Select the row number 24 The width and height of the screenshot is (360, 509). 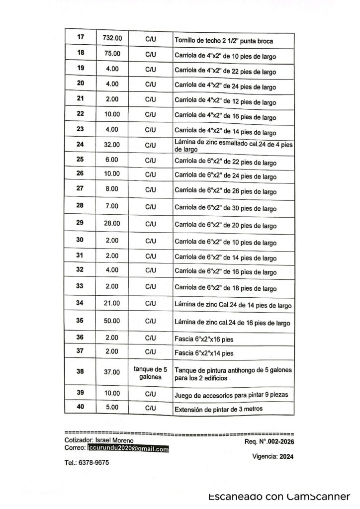tap(81, 145)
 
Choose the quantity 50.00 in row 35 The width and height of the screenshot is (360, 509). tap(111, 321)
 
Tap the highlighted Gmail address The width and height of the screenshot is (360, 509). tap(128, 448)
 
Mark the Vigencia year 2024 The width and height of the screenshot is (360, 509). tap(287, 457)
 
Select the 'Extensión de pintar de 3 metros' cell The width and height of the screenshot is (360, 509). tap(218, 410)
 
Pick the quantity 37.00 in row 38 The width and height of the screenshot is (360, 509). tap(111, 372)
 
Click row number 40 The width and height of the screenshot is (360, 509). tap(81, 407)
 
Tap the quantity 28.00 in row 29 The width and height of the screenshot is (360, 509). tap(111, 223)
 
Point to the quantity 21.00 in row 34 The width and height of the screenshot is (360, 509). tap(111, 303)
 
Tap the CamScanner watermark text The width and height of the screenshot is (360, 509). tap(279, 497)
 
